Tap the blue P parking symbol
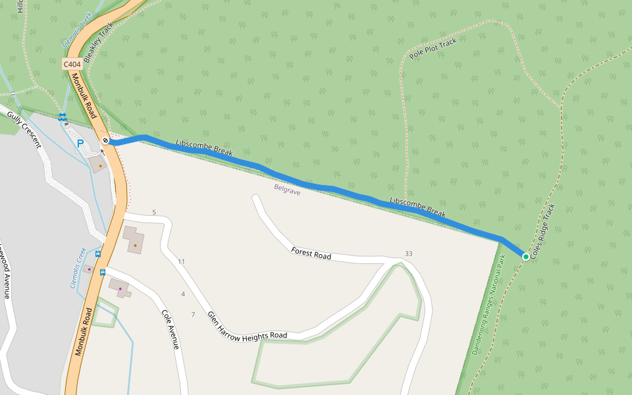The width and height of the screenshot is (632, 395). point(80,143)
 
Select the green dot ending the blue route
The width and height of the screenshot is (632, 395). point(525,256)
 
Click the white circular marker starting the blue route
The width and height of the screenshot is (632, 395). point(105,141)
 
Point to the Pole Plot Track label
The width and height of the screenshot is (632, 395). point(433,49)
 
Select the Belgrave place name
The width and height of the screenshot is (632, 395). point(287,190)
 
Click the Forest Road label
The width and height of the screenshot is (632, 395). point(311,253)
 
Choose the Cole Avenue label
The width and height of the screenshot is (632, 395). point(171,328)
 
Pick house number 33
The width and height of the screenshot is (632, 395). point(409,253)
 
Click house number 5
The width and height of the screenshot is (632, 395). point(154,212)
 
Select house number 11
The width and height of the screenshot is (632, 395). point(181,261)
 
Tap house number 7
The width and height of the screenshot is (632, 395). point(193,315)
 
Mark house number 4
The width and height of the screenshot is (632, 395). point(183,294)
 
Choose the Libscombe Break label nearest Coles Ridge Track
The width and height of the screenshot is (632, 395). point(417,208)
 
